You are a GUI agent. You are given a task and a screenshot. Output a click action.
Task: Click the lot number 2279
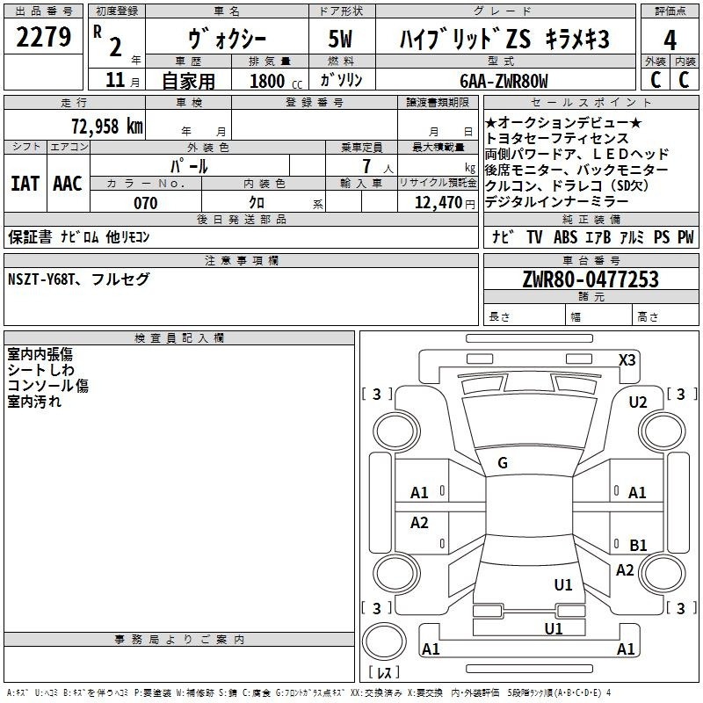(x=43, y=37)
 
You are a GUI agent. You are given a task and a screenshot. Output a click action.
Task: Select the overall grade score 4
(x=670, y=40)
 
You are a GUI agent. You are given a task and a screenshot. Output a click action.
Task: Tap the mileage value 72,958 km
(x=107, y=126)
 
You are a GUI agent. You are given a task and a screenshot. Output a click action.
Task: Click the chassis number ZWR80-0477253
(x=591, y=279)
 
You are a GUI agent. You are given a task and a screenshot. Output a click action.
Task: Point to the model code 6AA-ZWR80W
(x=504, y=81)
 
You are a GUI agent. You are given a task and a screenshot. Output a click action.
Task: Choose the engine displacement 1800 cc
(x=276, y=81)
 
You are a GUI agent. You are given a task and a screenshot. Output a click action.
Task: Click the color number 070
(x=146, y=203)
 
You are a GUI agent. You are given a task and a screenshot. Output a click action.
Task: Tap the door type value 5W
(x=340, y=39)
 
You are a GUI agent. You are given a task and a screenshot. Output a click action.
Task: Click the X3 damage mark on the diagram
(x=627, y=360)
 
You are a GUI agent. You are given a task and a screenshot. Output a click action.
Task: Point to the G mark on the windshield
(x=503, y=463)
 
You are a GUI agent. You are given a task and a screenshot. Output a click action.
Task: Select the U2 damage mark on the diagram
(x=638, y=402)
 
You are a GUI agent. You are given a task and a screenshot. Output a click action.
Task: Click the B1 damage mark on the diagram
(x=638, y=545)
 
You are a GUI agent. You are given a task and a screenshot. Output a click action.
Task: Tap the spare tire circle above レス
(x=384, y=641)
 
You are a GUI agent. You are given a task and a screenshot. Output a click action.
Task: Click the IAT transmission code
(x=25, y=184)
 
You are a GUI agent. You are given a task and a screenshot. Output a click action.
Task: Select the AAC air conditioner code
(x=68, y=184)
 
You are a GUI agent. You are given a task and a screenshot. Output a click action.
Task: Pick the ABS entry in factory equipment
(x=565, y=237)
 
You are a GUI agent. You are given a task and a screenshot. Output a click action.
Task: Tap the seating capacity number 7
(x=366, y=166)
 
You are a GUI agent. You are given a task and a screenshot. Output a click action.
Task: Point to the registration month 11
(x=115, y=80)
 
